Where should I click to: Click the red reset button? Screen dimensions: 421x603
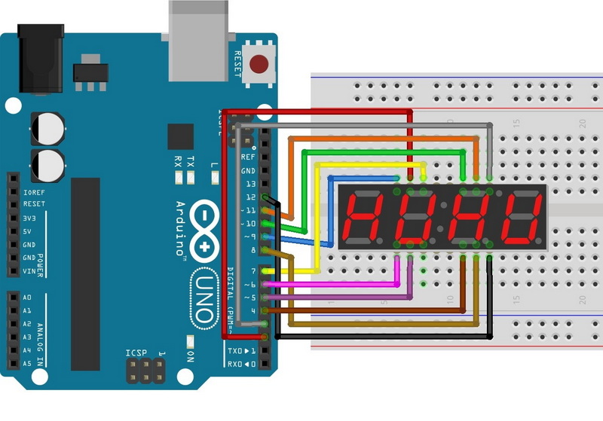click(262, 64)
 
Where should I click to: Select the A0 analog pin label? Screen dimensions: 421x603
click(28, 297)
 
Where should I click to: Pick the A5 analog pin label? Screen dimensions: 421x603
click(28, 364)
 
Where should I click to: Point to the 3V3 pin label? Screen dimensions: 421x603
click(29, 218)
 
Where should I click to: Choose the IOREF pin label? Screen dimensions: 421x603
click(32, 191)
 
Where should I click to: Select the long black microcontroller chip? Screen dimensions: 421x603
click(85, 274)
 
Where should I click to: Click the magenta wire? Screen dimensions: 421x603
click(339, 284)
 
